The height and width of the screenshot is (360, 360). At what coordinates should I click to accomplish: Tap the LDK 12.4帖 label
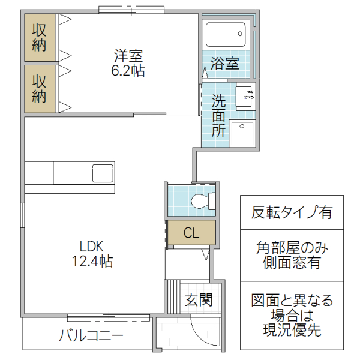point(92,253)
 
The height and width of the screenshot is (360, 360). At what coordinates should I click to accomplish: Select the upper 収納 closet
point(40,37)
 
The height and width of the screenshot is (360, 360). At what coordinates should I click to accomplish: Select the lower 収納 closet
point(40,88)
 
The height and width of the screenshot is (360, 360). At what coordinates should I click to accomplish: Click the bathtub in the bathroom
point(226,35)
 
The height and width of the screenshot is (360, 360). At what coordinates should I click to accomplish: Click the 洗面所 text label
point(218,115)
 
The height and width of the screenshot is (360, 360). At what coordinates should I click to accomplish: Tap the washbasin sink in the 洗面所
point(245,96)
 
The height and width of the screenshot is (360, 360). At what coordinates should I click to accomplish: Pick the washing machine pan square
point(242,133)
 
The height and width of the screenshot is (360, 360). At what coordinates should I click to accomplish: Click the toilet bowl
point(202,201)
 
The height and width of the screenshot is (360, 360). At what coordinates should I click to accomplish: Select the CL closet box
point(191,233)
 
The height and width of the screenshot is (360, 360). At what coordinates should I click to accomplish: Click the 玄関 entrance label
point(197,299)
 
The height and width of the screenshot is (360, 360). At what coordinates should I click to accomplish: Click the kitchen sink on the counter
point(102,173)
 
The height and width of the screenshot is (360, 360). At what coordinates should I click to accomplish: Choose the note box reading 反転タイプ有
point(292,212)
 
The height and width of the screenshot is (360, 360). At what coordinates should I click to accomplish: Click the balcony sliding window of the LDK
point(108,316)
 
